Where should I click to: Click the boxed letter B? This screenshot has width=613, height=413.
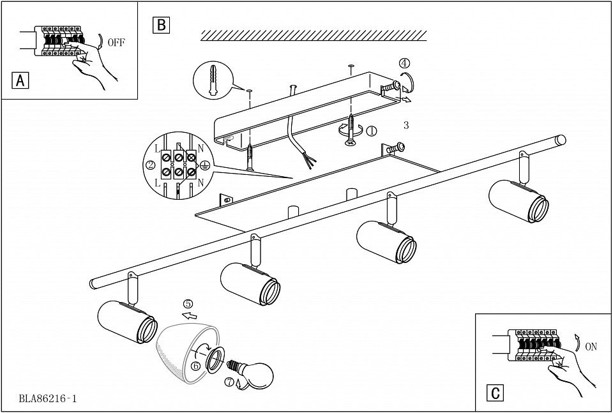pos(161,25)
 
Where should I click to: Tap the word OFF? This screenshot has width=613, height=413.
pos(116,43)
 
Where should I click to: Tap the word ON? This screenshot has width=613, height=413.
pos(591,347)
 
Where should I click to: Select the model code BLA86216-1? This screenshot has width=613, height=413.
pos(48,399)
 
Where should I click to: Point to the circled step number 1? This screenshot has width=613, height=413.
pos(372,131)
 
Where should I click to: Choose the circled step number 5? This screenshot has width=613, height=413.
pos(188,304)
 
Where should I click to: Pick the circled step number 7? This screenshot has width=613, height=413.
pos(229,382)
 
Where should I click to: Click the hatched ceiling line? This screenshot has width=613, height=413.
pos(313,35)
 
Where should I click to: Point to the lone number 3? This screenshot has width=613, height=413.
pos(406,126)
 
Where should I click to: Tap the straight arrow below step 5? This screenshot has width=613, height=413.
pos(189,315)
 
